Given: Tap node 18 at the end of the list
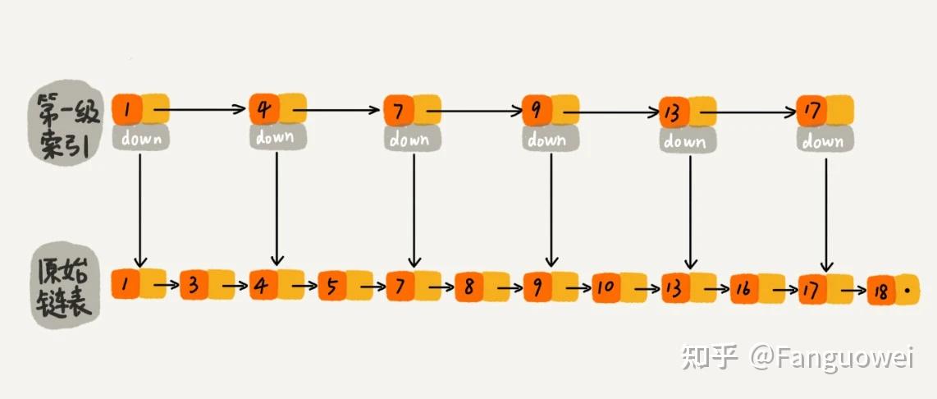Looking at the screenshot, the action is [x=893, y=291].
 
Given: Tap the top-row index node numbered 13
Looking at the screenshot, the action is [x=688, y=112].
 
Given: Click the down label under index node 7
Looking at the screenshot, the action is [x=410, y=139].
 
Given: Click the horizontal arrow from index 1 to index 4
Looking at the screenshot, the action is [x=200, y=109].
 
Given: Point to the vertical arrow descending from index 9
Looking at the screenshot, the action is [x=551, y=210].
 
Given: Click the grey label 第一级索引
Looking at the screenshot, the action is [x=67, y=122].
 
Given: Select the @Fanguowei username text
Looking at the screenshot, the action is [x=833, y=358].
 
